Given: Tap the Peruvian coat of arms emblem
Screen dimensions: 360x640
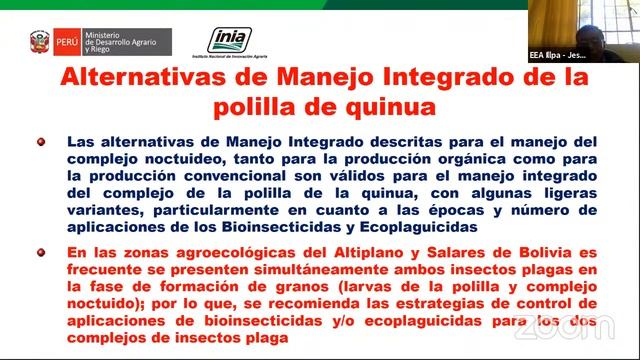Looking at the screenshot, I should click(x=40, y=42).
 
